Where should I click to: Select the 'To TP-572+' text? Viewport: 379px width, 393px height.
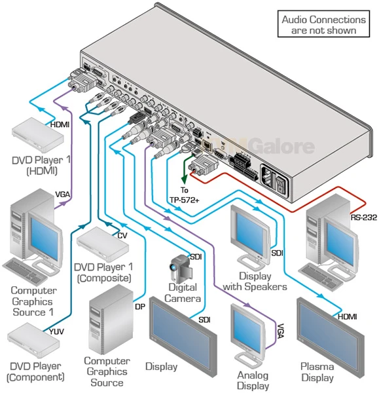[190, 194]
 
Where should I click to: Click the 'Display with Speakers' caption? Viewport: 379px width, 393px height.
[253, 282]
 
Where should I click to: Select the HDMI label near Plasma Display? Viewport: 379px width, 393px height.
[347, 316]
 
